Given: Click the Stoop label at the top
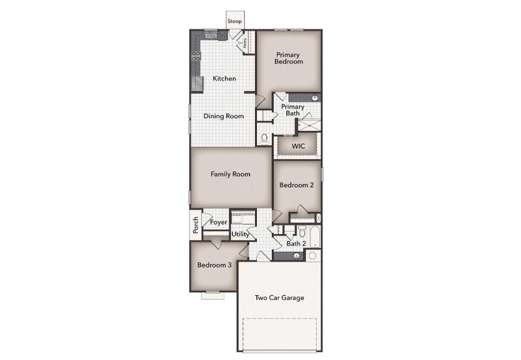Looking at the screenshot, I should (x=235, y=22).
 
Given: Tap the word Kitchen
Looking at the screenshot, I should (x=224, y=79).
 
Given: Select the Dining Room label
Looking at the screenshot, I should (x=223, y=116).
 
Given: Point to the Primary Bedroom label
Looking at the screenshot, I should (x=288, y=58).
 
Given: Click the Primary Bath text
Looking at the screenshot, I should (x=293, y=110).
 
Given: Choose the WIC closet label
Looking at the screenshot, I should (x=298, y=146).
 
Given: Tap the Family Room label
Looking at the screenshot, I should (x=230, y=175).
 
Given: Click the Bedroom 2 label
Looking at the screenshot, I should (x=297, y=185).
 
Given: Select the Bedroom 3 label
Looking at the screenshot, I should (x=214, y=265).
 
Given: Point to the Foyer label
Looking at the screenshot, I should (x=218, y=223).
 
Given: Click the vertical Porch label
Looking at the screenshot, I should (x=196, y=226).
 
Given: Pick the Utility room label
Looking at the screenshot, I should (x=240, y=235).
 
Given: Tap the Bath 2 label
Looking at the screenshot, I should (x=296, y=244).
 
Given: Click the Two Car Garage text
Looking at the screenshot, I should (x=279, y=298).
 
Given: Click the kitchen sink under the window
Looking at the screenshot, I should (x=211, y=35).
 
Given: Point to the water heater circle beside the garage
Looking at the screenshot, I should (x=312, y=256).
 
